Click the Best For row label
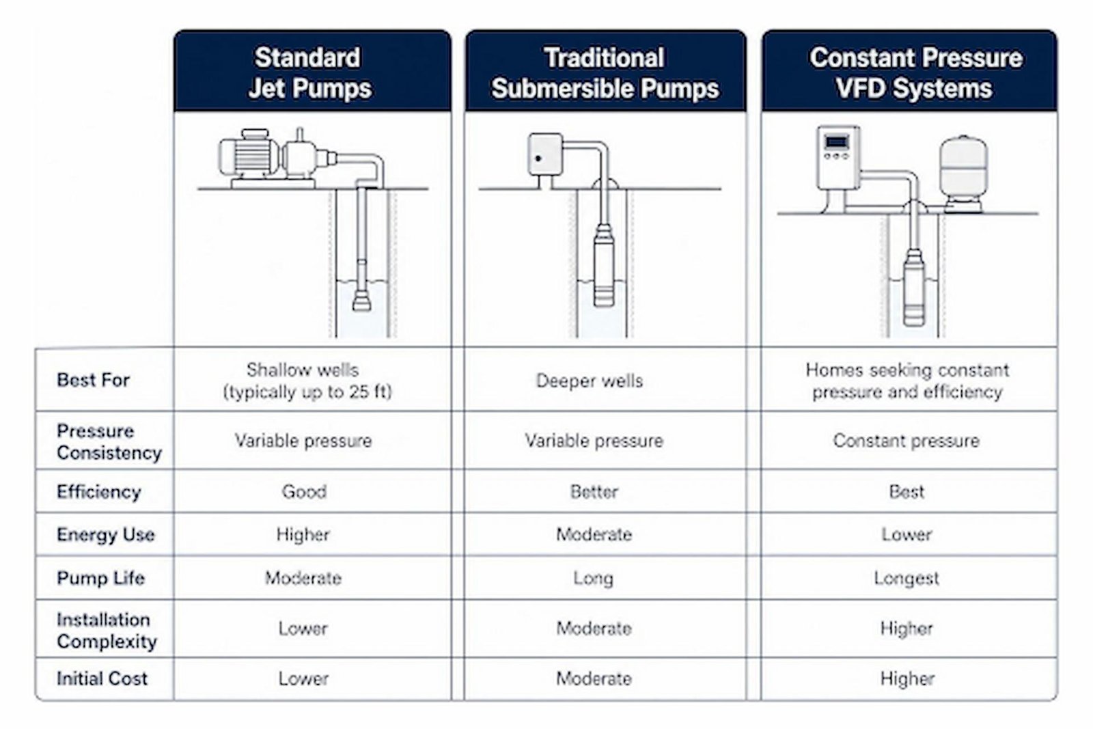[x=93, y=380]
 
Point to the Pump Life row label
[x=100, y=578]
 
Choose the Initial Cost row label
[x=102, y=678]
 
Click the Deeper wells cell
[x=590, y=381]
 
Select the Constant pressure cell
[x=906, y=441]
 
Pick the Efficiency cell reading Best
[x=907, y=491]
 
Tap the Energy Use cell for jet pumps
[x=303, y=534]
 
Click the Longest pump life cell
[x=906, y=578]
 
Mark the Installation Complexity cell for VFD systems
[x=907, y=628]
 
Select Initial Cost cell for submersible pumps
[x=594, y=678]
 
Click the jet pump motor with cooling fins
[x=249, y=155]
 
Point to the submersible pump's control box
[x=545, y=154]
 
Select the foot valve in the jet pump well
[x=361, y=301]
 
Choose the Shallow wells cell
[x=307, y=381]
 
